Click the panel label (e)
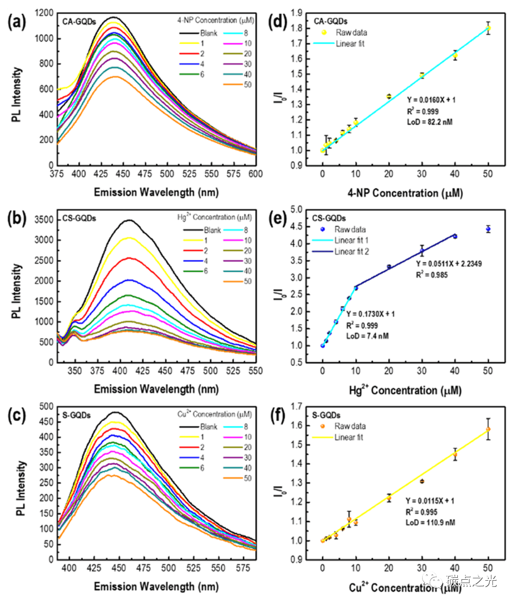pos(277,219)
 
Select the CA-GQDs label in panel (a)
pos(79,21)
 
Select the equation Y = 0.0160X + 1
pos(431,100)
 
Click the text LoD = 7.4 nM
pos(367,336)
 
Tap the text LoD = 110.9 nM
pos(430,523)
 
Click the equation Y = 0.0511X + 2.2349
pos(448,264)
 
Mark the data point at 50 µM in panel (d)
pos(488,28)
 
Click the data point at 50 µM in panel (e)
pos(488,229)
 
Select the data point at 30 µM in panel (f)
pos(422,481)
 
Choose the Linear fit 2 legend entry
pos(351,251)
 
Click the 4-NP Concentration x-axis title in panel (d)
pos(405,193)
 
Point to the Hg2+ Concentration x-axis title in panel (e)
pos(405,390)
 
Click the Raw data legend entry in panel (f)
pos(350,426)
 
